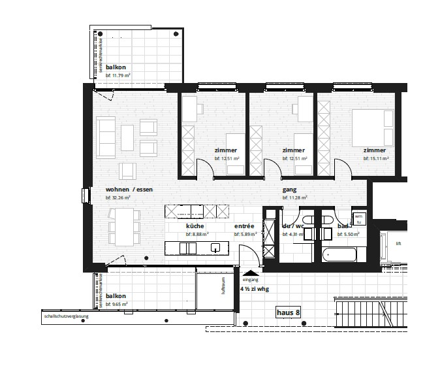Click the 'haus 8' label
point(288,312)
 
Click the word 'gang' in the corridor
point(289,190)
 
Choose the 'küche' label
point(195,226)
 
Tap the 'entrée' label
point(244,226)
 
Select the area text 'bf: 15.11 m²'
point(377,158)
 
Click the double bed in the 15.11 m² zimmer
point(373,127)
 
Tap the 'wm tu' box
point(358,218)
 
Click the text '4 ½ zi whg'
point(254,288)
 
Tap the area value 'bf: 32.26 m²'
point(119,197)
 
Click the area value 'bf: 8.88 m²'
point(197,233)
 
